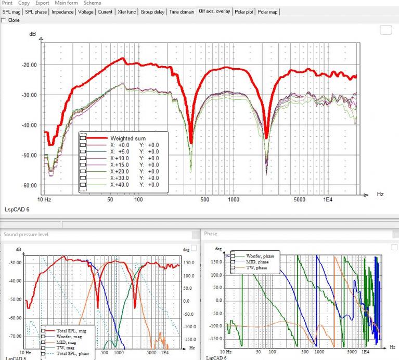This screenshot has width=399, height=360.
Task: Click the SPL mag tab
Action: click(x=11, y=12)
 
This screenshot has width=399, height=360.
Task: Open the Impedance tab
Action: click(x=62, y=12)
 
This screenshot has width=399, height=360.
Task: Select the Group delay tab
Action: click(x=152, y=12)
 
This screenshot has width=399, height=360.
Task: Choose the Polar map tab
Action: click(x=267, y=12)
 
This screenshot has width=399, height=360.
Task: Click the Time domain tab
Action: click(x=182, y=12)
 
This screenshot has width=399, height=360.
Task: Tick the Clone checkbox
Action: click(x=3, y=20)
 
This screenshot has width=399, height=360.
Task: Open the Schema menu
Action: click(x=92, y=3)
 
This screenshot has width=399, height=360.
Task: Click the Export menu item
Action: click(x=42, y=3)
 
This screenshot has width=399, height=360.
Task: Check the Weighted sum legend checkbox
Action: click(x=83, y=138)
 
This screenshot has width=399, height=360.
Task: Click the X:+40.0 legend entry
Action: click(x=120, y=185)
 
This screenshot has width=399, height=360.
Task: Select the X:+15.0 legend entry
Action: click(x=120, y=165)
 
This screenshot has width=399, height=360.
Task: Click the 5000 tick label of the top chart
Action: click(x=300, y=199)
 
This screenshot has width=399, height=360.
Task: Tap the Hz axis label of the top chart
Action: click(x=380, y=194)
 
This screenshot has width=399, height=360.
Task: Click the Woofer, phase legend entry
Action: click(x=260, y=256)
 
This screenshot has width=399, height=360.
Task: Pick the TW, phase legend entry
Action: click(x=256, y=267)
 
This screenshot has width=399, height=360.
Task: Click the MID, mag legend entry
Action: click(x=66, y=342)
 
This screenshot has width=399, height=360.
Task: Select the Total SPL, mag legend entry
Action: click(x=71, y=331)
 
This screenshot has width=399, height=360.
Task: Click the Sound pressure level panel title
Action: click(x=26, y=234)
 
